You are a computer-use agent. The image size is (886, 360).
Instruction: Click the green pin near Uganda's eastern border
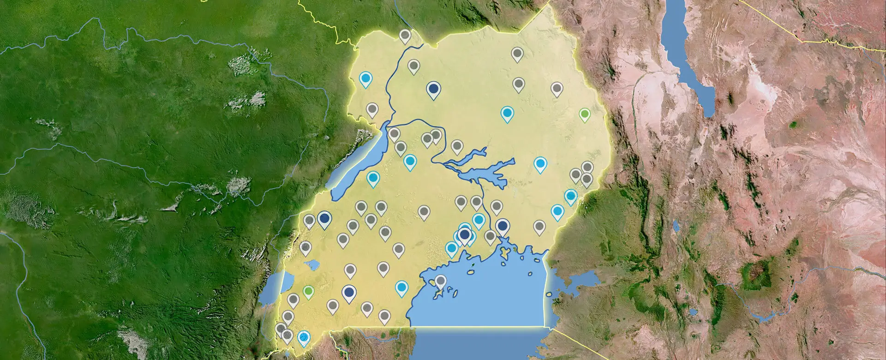(585, 114)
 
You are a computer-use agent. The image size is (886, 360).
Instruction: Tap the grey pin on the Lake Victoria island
(441, 281)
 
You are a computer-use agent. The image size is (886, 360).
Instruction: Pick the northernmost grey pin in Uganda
(405, 35)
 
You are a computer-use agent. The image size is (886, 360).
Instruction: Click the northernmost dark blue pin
(433, 88)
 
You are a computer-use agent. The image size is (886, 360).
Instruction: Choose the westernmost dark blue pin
(325, 218)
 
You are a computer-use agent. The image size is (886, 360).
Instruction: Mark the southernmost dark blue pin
(349, 292)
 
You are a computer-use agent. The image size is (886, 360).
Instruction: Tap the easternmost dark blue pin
(503, 226)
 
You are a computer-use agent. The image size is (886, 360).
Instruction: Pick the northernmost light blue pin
(366, 79)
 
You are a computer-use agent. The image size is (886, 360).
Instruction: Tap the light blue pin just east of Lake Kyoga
(540, 163)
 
